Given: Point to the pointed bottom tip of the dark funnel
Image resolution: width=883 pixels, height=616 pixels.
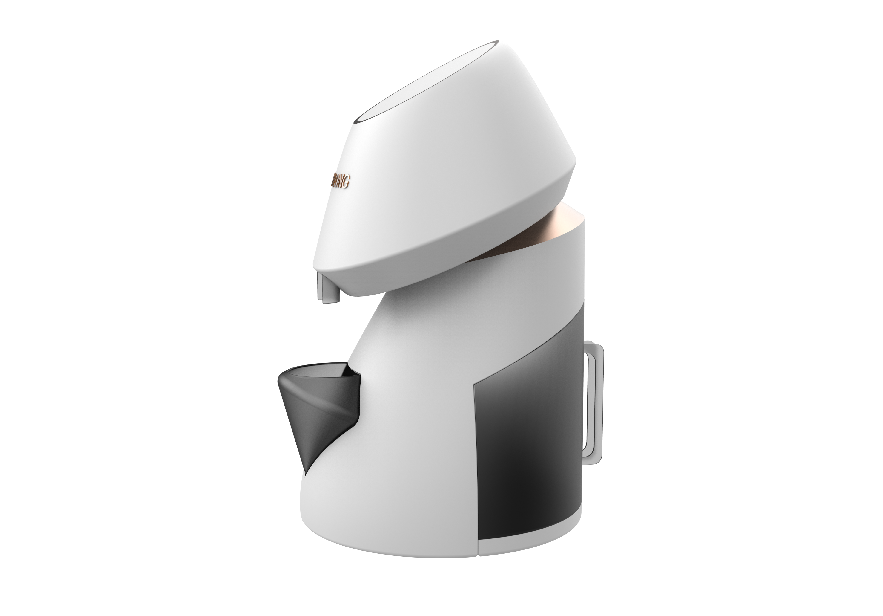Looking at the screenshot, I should click(305, 471).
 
